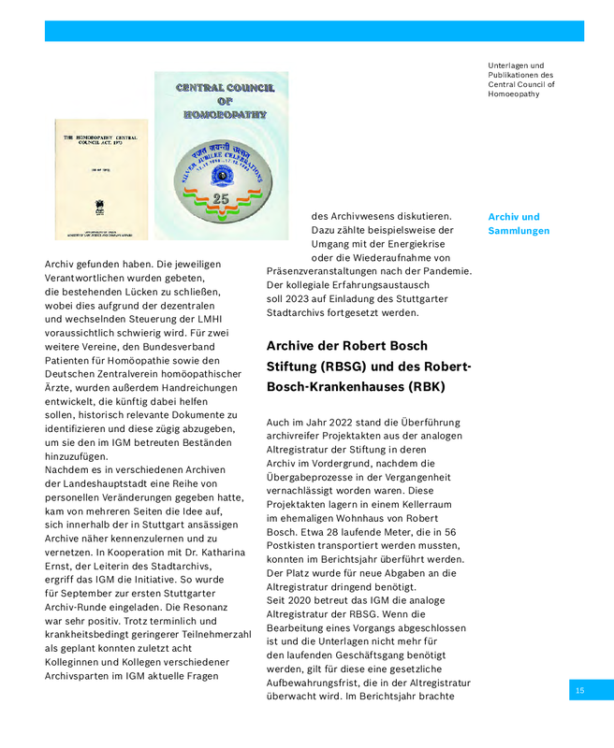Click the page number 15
pyautogui.click(x=579, y=690)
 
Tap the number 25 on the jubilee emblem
pyautogui.click(x=221, y=199)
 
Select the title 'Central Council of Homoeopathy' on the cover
pyautogui.click(x=225, y=100)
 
